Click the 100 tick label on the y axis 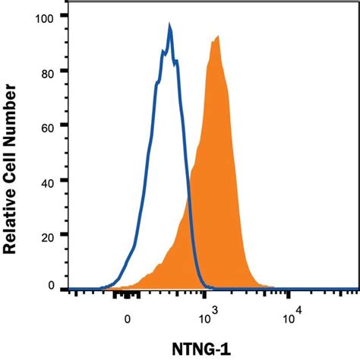pyautogui.click(x=47, y=16)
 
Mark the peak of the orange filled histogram pyautogui.click(x=217, y=36)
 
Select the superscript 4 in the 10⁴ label pyautogui.click(x=299, y=310)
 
